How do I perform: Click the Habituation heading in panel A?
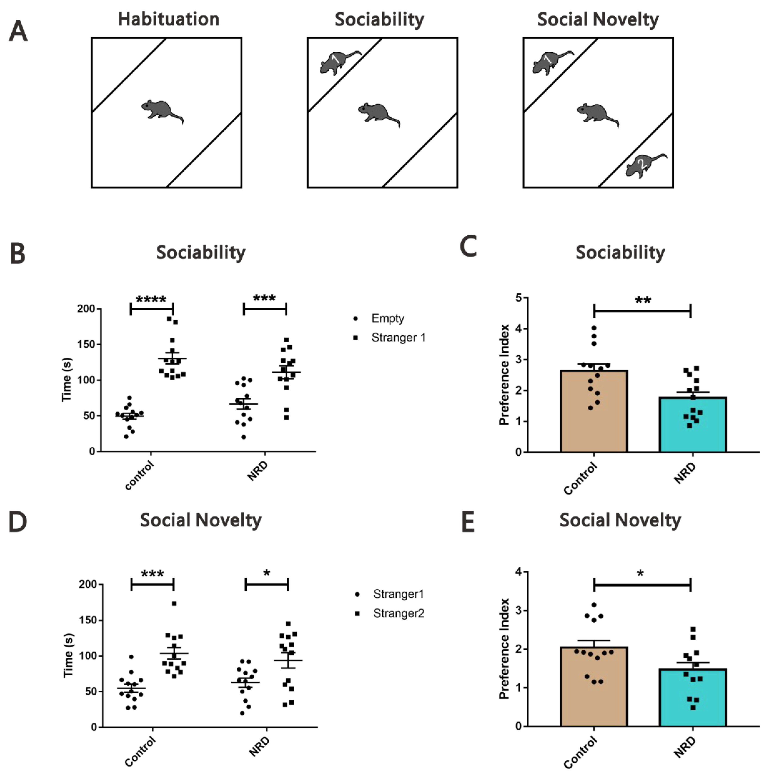pyautogui.click(x=169, y=19)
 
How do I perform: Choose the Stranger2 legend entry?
pyautogui.click(x=398, y=613)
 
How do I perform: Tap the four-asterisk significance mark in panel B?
pyautogui.click(x=151, y=300)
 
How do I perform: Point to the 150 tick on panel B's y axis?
pyautogui.click(x=86, y=344)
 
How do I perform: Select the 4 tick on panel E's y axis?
pyautogui.click(x=519, y=572)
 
